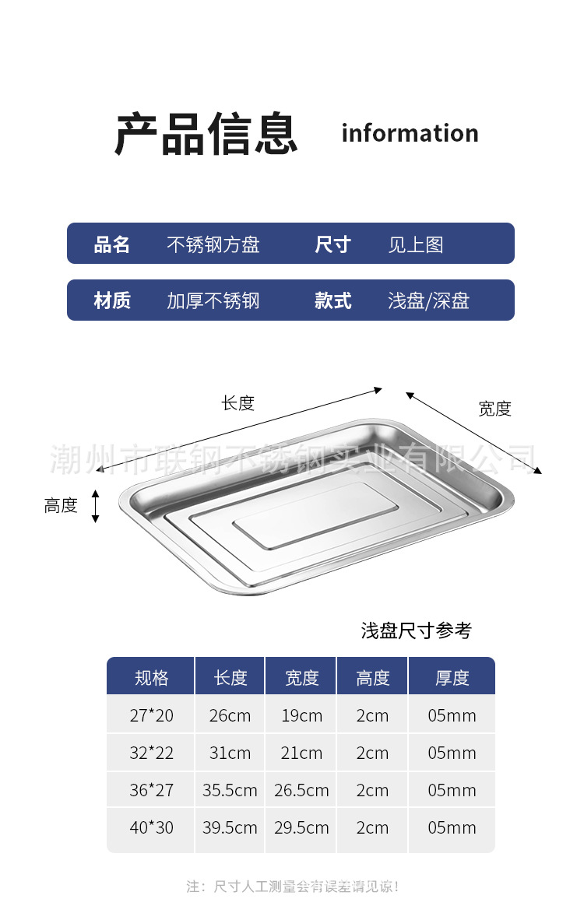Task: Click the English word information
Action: pyautogui.click(x=410, y=133)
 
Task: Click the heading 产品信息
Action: pyautogui.click(x=206, y=134)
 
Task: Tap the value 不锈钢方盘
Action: pyautogui.click(x=213, y=244)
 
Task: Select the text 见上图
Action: pyautogui.click(x=416, y=244)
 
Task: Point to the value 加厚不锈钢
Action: pyautogui.click(x=213, y=300)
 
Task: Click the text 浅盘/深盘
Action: pyautogui.click(x=428, y=300)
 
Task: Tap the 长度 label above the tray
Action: pyautogui.click(x=238, y=402)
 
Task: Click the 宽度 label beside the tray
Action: pyautogui.click(x=495, y=409)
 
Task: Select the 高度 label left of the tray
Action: pyautogui.click(x=61, y=506)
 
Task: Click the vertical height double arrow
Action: pyautogui.click(x=96, y=506)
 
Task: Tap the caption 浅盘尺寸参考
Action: pyautogui.click(x=417, y=630)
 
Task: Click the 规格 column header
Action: pyautogui.click(x=151, y=678)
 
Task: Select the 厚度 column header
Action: pyautogui.click(x=452, y=678)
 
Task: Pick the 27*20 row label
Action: pyautogui.click(x=151, y=715)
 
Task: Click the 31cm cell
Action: pyautogui.click(x=230, y=753)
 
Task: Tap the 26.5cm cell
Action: pyautogui.click(x=301, y=790)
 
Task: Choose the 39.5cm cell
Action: pyautogui.click(x=230, y=827)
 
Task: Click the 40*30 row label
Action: pyautogui.click(x=151, y=827)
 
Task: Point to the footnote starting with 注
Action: pyautogui.click(x=293, y=887)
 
